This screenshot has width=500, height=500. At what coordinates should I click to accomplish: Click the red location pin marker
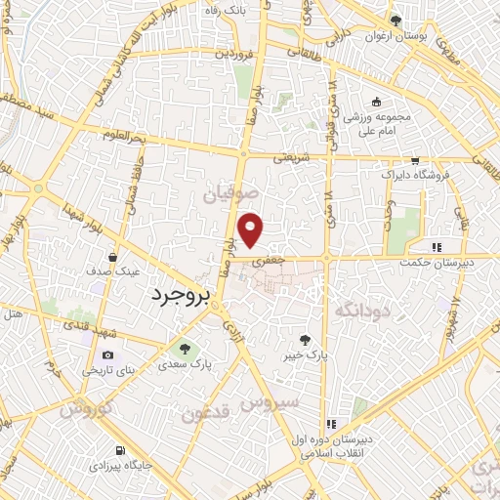point(252,229)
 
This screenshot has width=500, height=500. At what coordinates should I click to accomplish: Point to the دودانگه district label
point(363,310)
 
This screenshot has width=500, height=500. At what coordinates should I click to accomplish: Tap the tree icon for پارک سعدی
point(182,349)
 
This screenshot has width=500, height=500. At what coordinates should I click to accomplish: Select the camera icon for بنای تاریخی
point(107,354)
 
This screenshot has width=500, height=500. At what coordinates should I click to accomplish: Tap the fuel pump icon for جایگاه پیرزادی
point(120,451)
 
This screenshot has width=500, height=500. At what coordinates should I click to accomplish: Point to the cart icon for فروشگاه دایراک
point(415,160)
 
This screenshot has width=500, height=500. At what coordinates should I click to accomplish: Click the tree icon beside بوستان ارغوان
point(396,21)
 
